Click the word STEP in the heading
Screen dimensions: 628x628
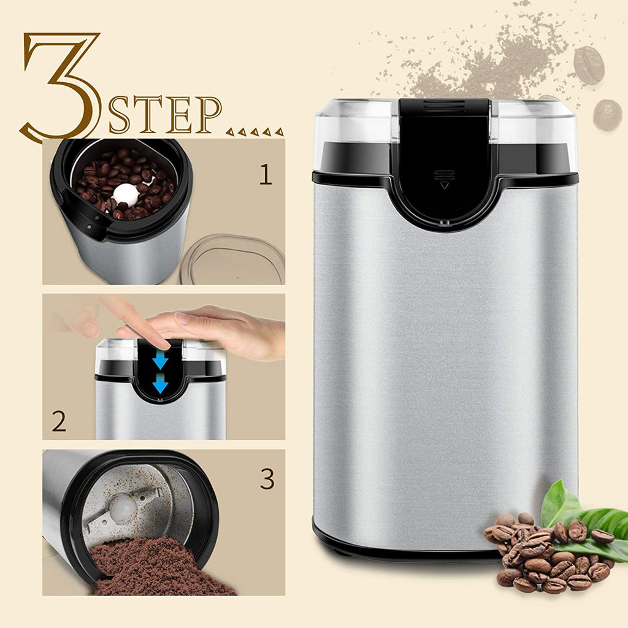[165, 114]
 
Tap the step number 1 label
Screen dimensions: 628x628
[266, 175]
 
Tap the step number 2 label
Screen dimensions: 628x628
[59, 421]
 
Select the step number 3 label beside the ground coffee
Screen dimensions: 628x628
[267, 478]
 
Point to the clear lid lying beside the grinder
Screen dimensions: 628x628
[232, 258]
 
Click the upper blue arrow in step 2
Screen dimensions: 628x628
[160, 360]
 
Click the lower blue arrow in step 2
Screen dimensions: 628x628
[160, 384]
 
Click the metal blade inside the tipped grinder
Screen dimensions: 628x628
[124, 507]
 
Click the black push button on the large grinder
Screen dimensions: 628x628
[444, 160]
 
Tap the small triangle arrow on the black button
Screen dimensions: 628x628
[444, 185]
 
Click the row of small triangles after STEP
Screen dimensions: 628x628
[255, 131]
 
